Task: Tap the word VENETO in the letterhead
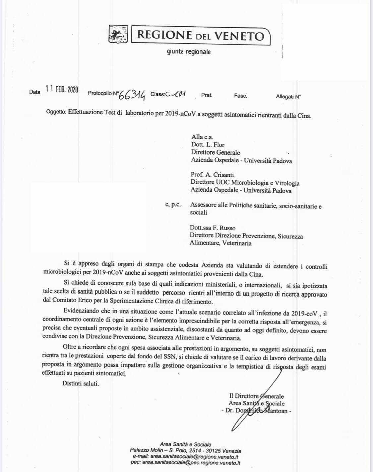click(239, 36)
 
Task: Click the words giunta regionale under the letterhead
click(189, 52)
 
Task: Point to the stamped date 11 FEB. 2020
click(62, 89)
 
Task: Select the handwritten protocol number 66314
click(132, 95)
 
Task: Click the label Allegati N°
click(288, 97)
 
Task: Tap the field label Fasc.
click(240, 96)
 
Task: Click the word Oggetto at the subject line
click(56, 112)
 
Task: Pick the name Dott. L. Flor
click(208, 144)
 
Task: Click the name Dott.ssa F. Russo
click(213, 228)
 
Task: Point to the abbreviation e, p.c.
click(173, 205)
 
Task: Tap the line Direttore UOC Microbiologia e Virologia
click(245, 183)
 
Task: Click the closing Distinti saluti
click(81, 383)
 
